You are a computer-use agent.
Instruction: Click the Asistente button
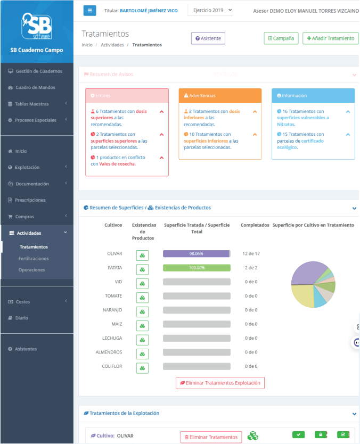click(x=208, y=38)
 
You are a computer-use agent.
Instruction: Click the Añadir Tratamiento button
click(x=330, y=38)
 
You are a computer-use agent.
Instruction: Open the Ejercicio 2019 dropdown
click(x=210, y=10)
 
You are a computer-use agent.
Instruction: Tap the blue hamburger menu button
click(x=89, y=10)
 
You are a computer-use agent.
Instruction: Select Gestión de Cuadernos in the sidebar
click(x=39, y=71)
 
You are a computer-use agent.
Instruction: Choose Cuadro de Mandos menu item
click(x=35, y=87)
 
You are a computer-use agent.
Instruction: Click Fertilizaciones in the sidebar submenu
click(x=34, y=258)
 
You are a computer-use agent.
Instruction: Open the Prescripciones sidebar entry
click(x=30, y=200)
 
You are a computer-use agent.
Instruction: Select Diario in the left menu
click(x=22, y=318)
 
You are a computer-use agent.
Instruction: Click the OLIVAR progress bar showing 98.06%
click(x=197, y=254)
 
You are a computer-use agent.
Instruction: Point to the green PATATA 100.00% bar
click(x=197, y=268)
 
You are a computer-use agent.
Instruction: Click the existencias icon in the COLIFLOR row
click(x=142, y=368)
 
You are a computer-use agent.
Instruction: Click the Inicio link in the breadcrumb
click(x=87, y=45)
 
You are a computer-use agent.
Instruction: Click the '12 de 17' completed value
click(x=251, y=253)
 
